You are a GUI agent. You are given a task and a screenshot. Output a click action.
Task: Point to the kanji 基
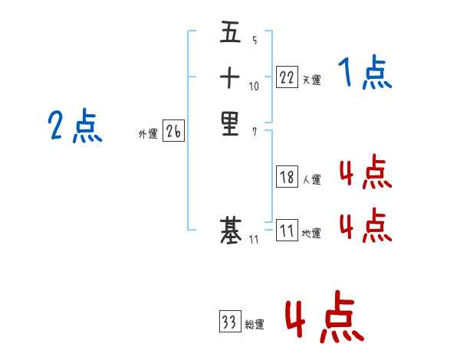(x=230, y=229)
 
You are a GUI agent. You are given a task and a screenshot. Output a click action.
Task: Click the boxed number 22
(x=287, y=77)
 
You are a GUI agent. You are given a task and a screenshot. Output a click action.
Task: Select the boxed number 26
(x=173, y=132)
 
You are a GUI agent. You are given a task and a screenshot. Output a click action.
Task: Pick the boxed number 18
(x=287, y=178)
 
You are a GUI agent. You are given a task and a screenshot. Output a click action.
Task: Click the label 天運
(x=310, y=80)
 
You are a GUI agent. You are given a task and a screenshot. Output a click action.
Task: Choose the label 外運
(x=148, y=134)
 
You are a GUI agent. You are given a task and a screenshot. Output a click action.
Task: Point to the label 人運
(x=310, y=180)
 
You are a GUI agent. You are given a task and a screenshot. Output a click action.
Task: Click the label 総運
(x=255, y=325)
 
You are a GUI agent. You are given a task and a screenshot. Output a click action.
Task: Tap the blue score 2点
(x=75, y=126)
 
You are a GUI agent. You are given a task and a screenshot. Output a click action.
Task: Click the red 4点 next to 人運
(x=365, y=173)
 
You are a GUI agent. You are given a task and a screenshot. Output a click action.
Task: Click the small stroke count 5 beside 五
(x=254, y=41)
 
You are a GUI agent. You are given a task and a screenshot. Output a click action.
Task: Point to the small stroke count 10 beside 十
(x=255, y=86)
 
